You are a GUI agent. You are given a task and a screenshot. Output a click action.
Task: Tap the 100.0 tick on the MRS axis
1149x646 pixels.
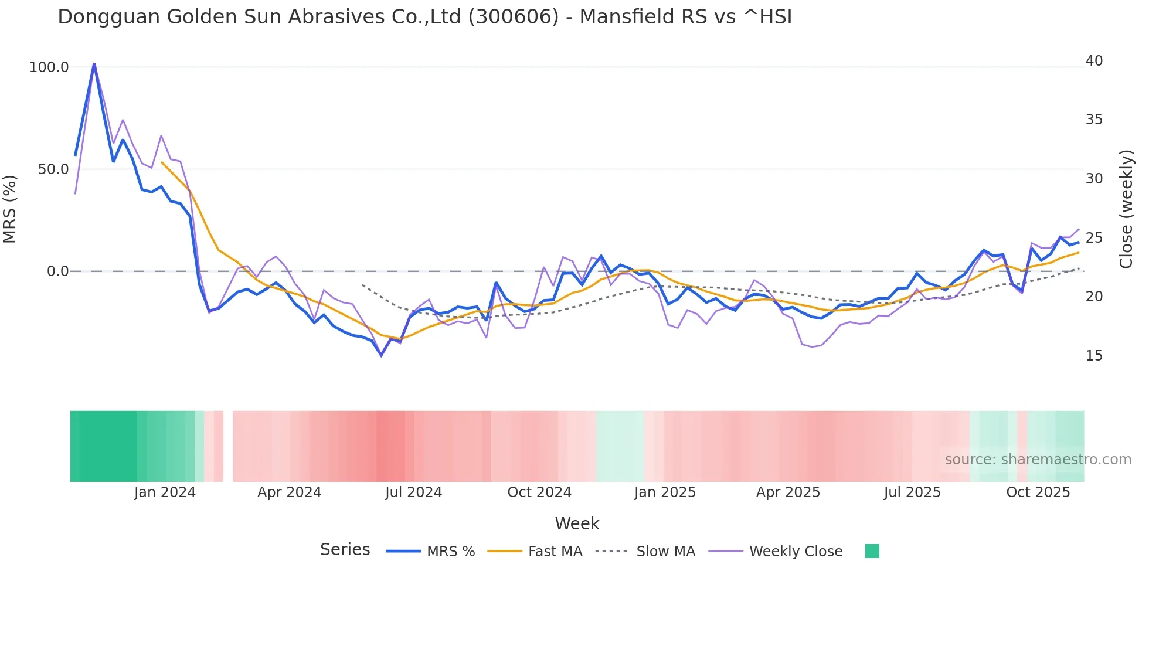click(49, 67)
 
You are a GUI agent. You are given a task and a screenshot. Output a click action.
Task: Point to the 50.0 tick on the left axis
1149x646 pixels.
click(53, 169)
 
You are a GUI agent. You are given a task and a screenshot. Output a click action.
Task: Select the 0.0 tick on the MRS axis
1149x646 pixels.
click(58, 271)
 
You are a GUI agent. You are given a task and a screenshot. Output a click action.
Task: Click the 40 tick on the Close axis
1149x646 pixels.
click(1094, 61)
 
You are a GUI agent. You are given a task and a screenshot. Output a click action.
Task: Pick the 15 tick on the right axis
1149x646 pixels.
click(1094, 356)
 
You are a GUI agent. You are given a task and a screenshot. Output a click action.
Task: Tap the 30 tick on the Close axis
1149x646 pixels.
click(1094, 179)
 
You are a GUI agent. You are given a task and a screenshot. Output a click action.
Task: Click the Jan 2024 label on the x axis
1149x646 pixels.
click(165, 492)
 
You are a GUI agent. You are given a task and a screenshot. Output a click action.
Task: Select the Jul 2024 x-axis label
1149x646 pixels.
click(413, 492)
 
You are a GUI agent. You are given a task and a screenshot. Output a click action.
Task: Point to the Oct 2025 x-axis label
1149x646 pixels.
click(1038, 492)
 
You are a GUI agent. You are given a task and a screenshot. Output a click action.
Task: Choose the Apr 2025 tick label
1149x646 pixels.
click(788, 492)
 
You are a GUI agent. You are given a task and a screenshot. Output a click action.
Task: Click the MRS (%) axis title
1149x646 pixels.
click(10, 209)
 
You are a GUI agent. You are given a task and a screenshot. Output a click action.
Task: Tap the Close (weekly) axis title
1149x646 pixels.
click(1126, 209)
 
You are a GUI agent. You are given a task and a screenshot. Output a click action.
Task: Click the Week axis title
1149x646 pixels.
click(577, 523)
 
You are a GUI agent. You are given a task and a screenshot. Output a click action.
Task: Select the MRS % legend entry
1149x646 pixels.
click(450, 552)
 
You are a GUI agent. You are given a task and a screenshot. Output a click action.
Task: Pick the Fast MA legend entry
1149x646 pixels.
click(555, 552)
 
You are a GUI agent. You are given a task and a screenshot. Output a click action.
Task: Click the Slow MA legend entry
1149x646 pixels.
click(665, 552)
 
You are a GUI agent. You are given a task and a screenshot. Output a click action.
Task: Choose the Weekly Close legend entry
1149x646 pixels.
click(796, 552)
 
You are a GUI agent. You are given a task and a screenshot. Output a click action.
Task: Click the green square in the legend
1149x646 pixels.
click(872, 551)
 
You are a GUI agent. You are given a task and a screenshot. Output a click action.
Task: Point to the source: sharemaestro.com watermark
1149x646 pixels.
click(1038, 460)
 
